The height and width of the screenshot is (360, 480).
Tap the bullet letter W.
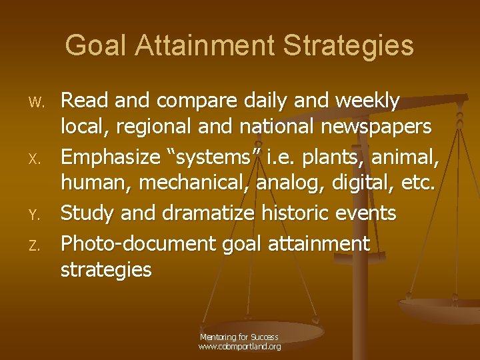point(37,103)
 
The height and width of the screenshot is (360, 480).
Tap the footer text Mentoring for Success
point(239,337)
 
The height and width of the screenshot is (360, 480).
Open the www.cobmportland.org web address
point(239,347)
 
